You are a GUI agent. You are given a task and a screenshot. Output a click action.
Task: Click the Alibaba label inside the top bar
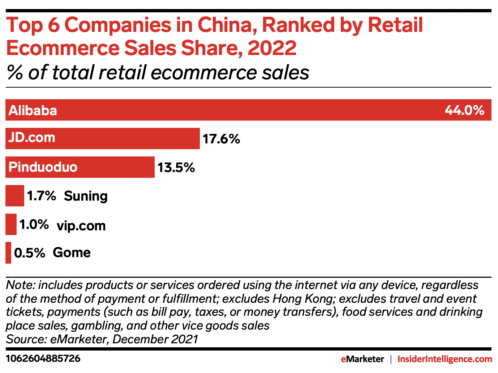tap(33, 110)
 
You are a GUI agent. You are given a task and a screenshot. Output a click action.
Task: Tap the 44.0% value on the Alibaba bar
tap(464, 110)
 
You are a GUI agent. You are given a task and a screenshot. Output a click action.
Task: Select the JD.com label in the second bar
tap(32, 138)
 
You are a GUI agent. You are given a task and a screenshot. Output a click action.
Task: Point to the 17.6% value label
tap(221, 139)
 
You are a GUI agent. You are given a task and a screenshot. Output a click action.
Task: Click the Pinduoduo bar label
tap(43, 167)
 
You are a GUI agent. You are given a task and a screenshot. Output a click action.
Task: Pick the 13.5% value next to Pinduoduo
tap(176, 168)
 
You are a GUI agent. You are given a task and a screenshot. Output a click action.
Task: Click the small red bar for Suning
tap(15, 196)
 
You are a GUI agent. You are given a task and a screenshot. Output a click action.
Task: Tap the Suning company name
tap(86, 196)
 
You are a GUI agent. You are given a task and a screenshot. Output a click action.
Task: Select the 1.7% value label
tap(42, 196)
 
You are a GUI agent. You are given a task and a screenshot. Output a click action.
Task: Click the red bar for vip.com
tap(11, 225)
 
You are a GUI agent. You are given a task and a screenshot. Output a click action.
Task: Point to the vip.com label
tap(81, 226)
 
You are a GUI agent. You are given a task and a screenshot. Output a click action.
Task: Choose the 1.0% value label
tap(34, 225)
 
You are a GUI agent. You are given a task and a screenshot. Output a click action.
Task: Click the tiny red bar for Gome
tap(8, 253)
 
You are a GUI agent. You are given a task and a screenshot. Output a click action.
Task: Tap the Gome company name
tap(72, 253)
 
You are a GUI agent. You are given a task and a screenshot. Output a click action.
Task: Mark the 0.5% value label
tap(30, 253)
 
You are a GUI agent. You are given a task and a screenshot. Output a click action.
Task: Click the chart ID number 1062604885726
tap(43, 359)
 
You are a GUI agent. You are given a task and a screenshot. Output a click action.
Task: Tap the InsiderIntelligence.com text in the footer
tap(445, 359)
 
